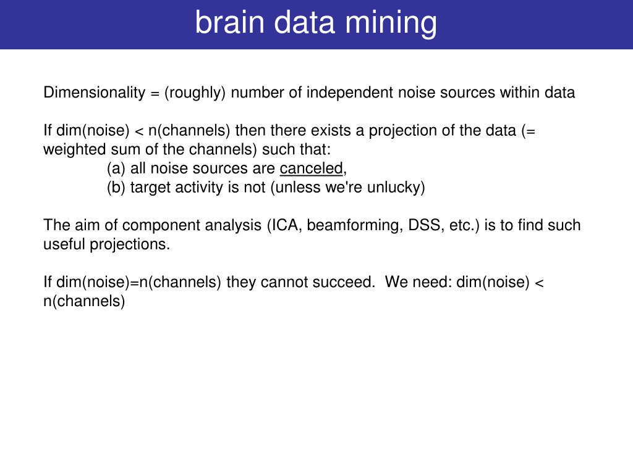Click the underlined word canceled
click(311, 168)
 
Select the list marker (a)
click(116, 168)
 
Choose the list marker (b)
click(116, 188)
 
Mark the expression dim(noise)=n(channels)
click(132, 282)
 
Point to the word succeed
click(349, 282)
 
